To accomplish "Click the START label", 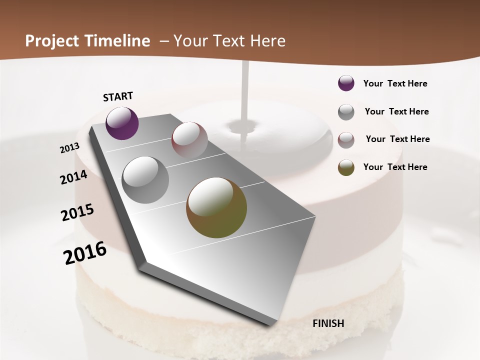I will (118, 96).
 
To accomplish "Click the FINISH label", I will (328, 323).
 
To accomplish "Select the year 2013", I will (70, 148).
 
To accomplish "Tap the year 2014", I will (74, 177).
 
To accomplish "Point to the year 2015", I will (77, 212).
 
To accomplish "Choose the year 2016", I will (85, 252).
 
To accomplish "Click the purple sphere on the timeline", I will (122, 123).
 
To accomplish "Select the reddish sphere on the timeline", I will (189, 139).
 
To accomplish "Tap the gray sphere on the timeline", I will (145, 179).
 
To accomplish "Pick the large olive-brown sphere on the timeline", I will (216, 207).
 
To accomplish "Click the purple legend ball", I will (346, 83).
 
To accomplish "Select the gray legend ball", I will (346, 112).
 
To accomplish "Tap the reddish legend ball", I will (346, 139).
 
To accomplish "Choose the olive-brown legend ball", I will (346, 167).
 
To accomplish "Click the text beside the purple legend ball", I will (395, 83).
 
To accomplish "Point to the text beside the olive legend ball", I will (395, 167).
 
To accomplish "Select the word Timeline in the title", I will (118, 41).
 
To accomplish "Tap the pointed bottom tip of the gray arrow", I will (270, 324).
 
